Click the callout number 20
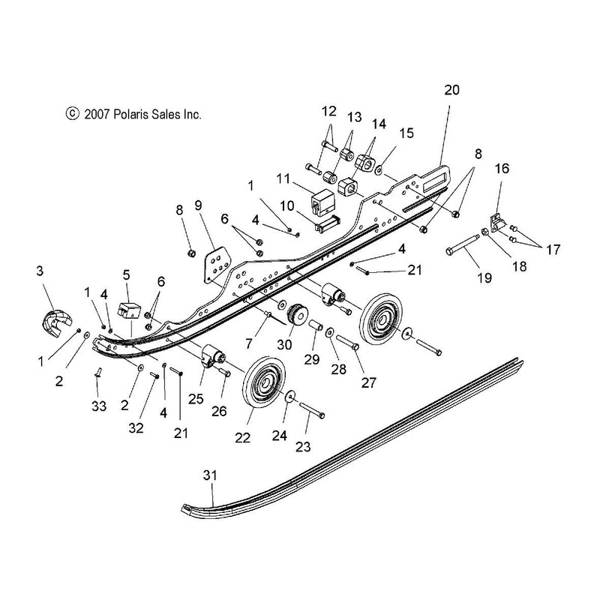click(x=451, y=90)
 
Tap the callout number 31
click(x=210, y=475)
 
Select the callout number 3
click(x=40, y=271)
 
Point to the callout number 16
click(x=502, y=168)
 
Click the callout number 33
click(x=99, y=406)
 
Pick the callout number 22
click(x=242, y=437)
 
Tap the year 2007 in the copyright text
click(x=97, y=114)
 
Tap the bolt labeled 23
click(x=312, y=409)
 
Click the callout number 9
click(x=198, y=205)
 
